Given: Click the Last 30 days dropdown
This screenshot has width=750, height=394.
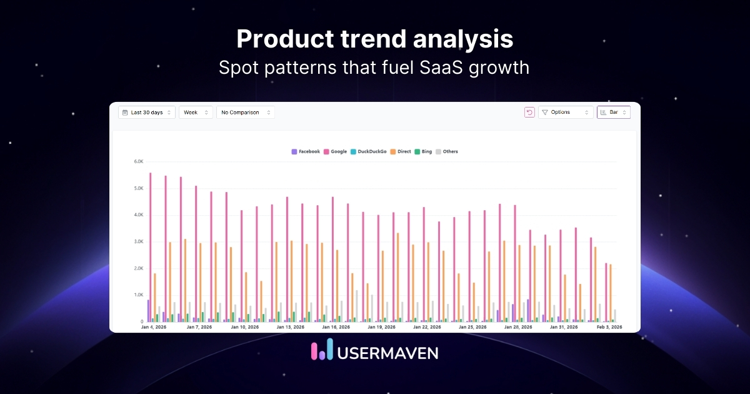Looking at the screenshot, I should coord(147,113).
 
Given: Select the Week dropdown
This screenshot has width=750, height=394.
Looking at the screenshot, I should coord(196,113).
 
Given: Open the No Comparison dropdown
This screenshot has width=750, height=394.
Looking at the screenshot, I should coord(245,113).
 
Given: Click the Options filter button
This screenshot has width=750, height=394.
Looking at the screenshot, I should coord(565,113).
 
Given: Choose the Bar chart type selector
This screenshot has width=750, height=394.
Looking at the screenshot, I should coord(613,113).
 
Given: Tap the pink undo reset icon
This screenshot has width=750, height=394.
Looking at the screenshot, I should coord(529,113).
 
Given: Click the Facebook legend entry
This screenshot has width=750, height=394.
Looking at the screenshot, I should coord(306,151).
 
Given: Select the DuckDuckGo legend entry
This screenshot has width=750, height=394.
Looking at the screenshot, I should coord(369,151).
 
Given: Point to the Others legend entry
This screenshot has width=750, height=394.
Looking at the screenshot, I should coord(447,151).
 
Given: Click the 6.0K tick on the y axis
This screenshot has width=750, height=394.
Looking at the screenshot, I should coord(138,161).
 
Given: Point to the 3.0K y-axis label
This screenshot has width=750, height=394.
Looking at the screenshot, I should coord(138,241).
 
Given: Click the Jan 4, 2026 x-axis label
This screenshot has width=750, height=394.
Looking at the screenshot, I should coord(154,327).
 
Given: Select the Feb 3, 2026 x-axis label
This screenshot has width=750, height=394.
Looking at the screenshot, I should coord(609,327).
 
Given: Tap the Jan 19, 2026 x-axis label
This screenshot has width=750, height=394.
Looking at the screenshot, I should coord(381,327).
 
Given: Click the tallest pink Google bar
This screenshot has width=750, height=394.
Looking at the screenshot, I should coord(151,247).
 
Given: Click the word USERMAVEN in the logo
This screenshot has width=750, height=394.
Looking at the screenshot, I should coord(387,352).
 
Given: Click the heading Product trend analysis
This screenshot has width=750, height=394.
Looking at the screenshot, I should coord(375,39).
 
